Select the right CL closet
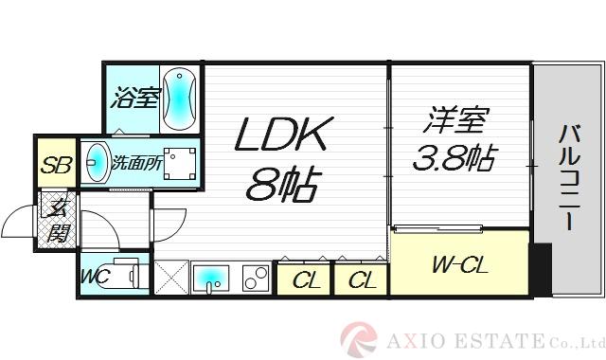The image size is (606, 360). click(360, 279)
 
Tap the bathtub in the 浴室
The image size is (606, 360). click(178, 98)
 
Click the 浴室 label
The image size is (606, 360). click(134, 98)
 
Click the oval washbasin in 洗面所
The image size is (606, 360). click(94, 162)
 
